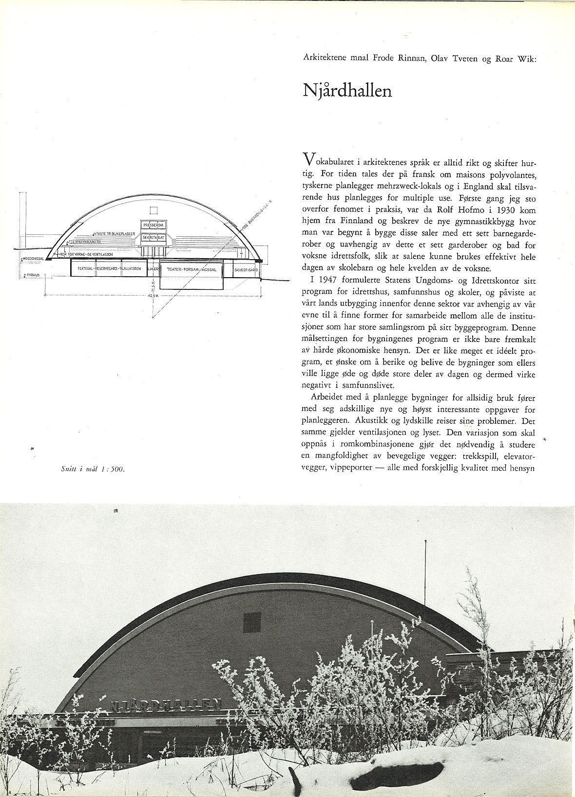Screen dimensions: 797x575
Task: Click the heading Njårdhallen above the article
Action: [347, 90]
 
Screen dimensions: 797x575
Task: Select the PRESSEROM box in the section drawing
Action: [154, 226]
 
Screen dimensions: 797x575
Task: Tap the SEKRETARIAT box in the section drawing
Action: [154, 237]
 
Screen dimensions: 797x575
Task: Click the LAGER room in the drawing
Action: [153, 268]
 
